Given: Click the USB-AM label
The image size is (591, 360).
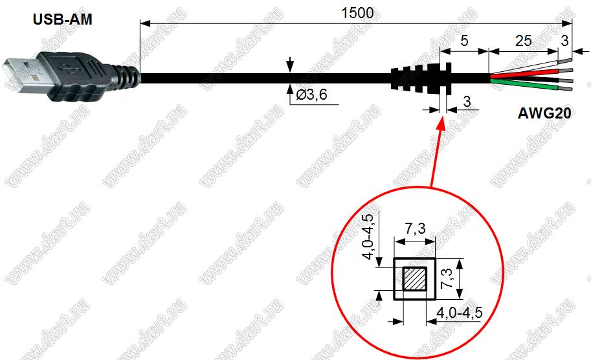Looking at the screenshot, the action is tap(63, 19).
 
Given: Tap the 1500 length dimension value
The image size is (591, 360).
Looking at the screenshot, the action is tap(357, 13).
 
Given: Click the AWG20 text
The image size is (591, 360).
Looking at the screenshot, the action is tap(544, 113).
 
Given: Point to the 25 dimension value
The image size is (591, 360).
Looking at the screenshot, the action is tap(523, 41).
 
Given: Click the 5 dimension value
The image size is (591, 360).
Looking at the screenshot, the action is tap(464, 41).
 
